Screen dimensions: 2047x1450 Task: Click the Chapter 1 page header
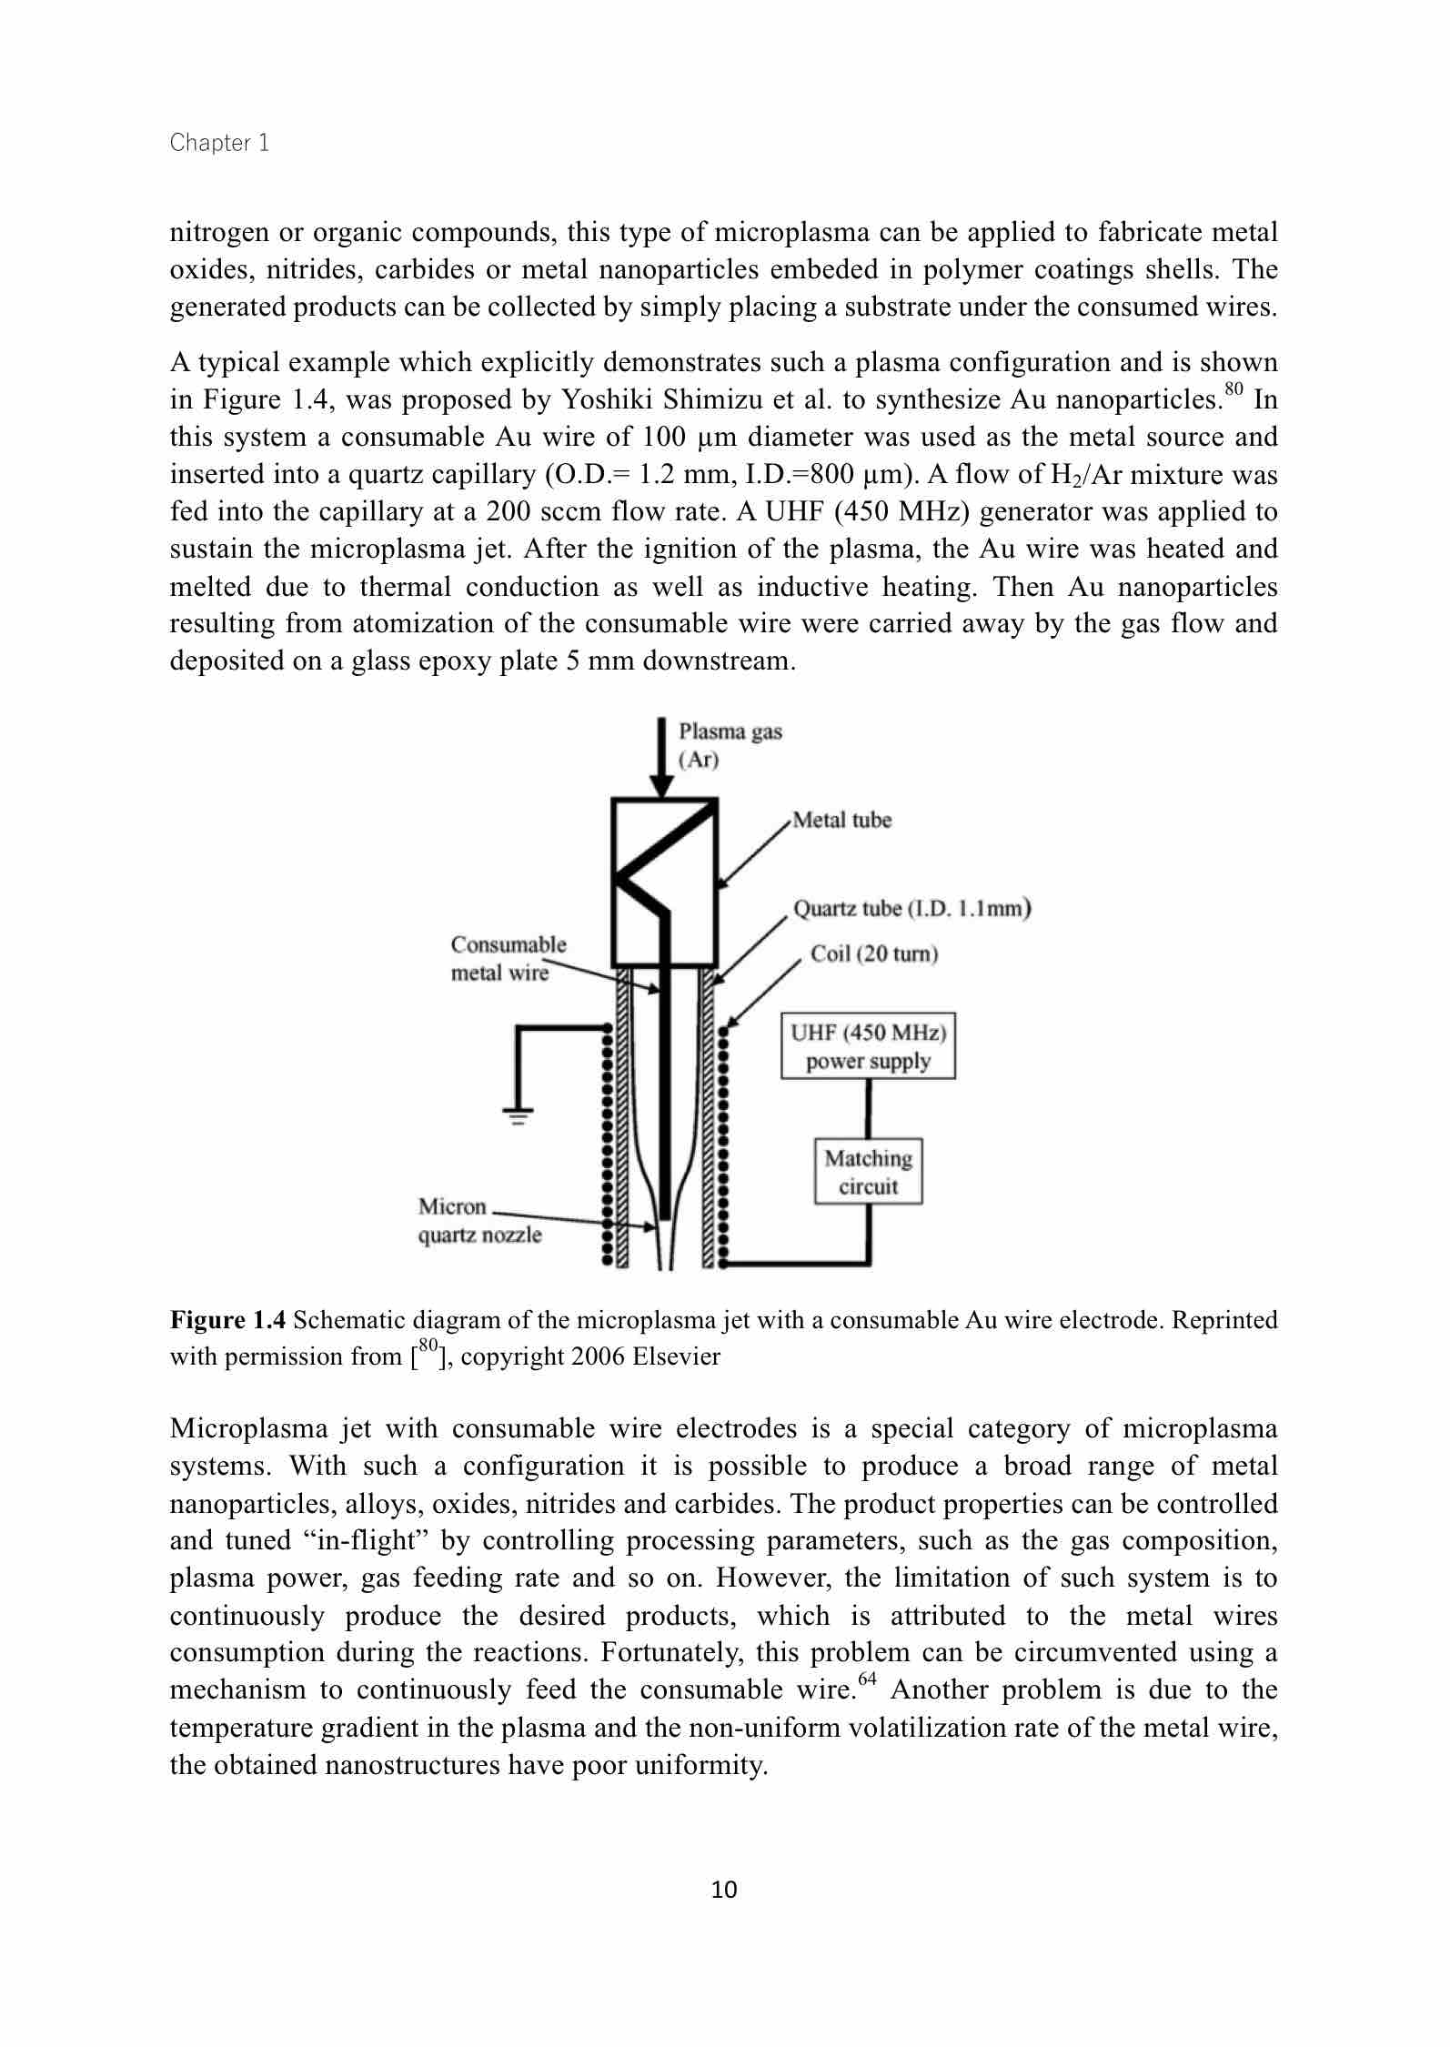(x=219, y=143)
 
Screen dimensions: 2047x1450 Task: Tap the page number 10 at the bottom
(x=724, y=1890)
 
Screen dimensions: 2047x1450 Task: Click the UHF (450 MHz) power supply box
(x=868, y=1047)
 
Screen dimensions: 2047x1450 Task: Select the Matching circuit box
(x=868, y=1172)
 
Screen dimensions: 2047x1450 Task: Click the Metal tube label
(x=841, y=820)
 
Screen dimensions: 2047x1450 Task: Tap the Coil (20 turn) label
(x=874, y=953)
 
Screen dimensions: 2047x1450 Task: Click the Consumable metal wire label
(x=509, y=958)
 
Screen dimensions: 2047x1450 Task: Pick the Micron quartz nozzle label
(x=479, y=1221)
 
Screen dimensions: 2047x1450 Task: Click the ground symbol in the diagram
(x=518, y=1115)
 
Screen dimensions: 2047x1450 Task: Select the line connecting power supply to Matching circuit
(x=868, y=1108)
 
